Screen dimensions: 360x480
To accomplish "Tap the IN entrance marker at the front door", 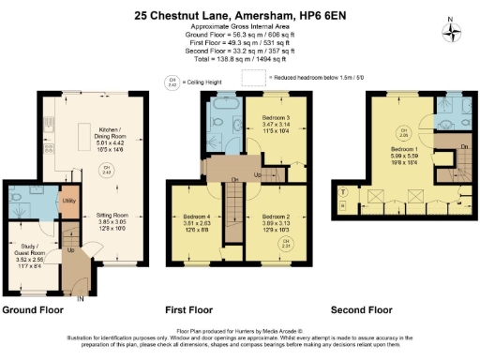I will click(x=80, y=298).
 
